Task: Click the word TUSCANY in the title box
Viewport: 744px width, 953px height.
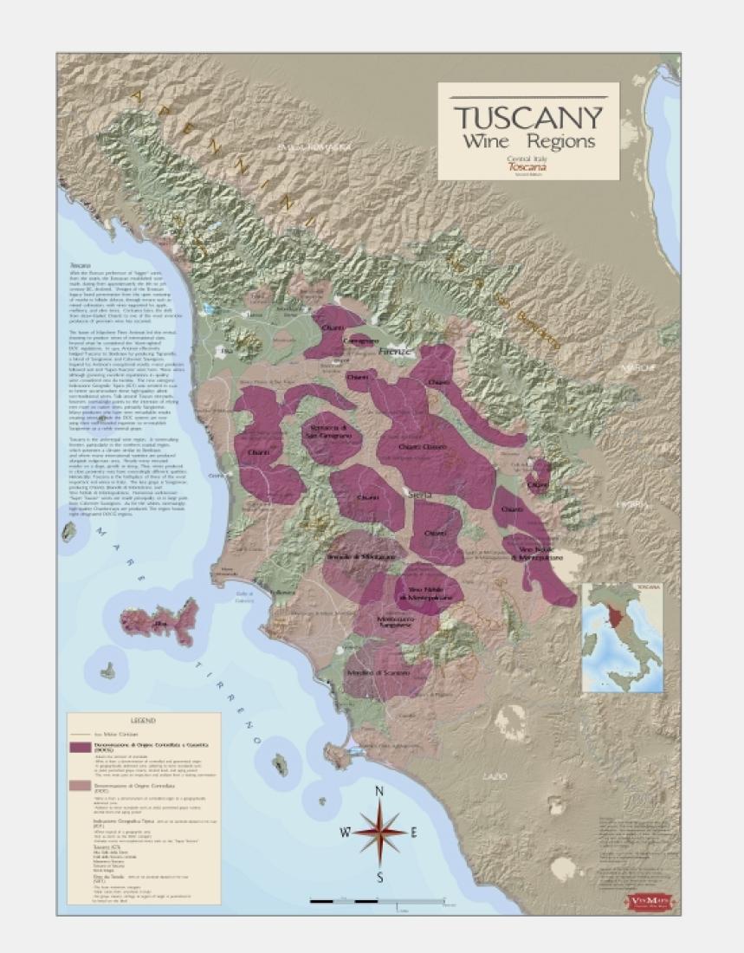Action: click(528, 116)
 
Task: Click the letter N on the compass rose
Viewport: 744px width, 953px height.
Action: click(379, 791)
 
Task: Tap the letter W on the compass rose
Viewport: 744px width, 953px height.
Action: click(345, 833)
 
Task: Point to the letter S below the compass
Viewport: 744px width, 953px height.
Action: click(379, 877)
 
